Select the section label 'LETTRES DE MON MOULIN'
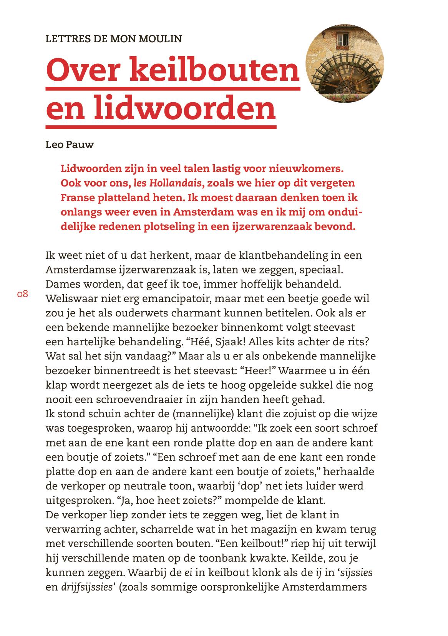tap(114, 39)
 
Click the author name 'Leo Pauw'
tap(70, 145)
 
